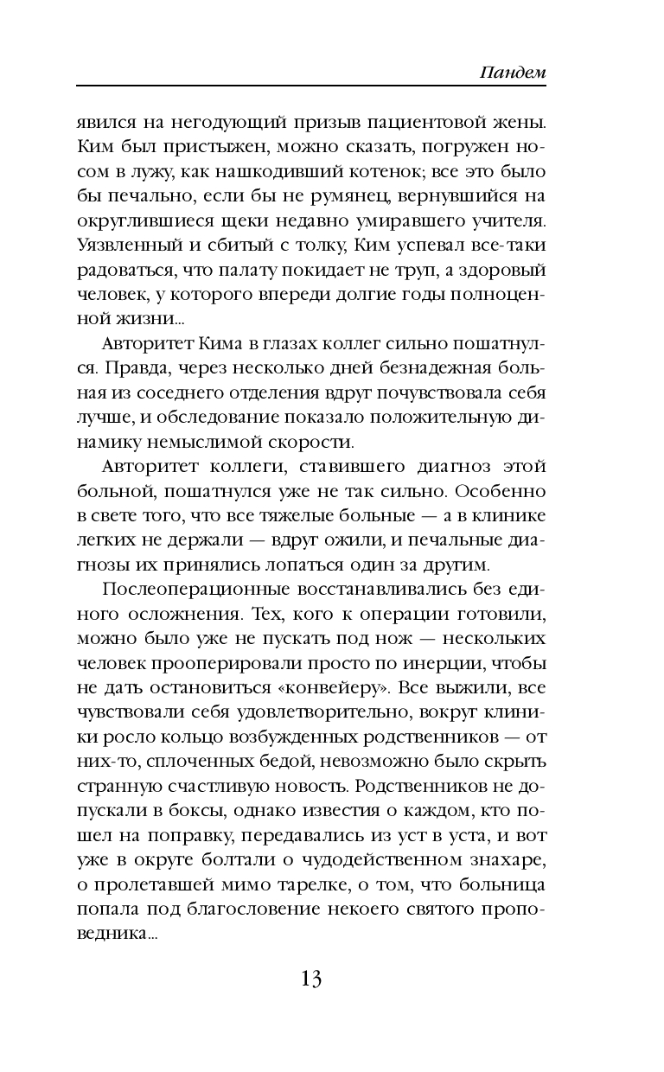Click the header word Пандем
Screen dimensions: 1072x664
pos(513,73)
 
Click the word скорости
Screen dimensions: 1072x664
pos(312,443)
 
